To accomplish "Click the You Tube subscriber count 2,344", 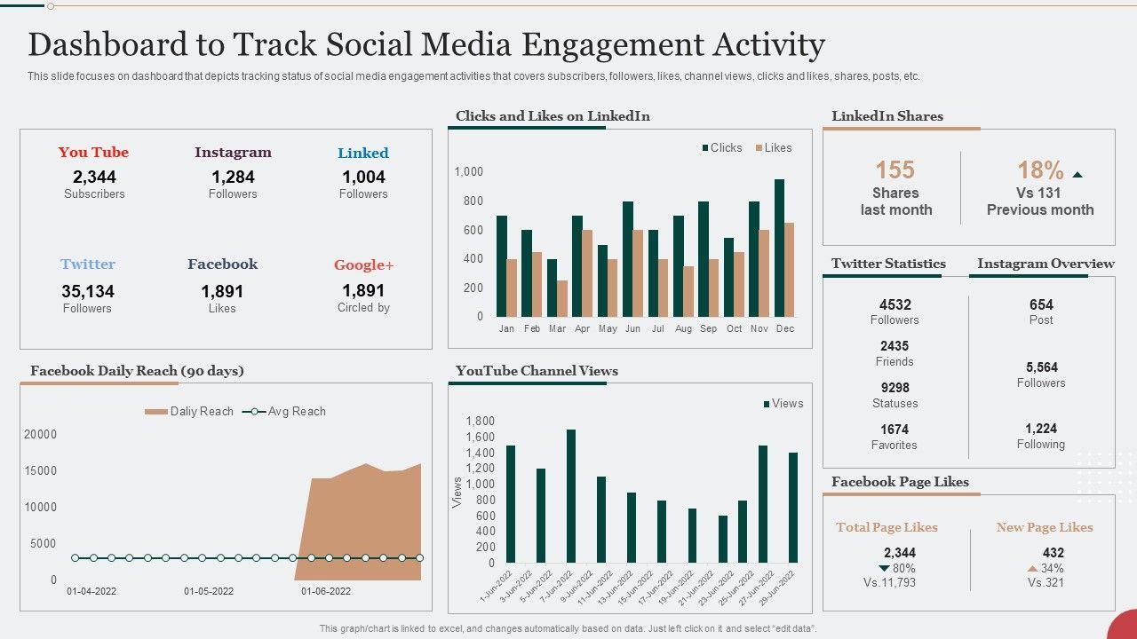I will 94,177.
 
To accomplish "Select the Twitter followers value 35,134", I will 88,291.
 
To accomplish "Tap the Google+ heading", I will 363,264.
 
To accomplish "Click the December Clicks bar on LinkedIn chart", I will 779,248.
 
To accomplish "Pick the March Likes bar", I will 561,298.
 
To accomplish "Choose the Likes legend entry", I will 773,148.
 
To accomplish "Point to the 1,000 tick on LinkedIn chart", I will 469,172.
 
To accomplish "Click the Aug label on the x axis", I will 683,328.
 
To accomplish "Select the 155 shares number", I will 894,170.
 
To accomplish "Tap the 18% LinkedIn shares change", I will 1040,170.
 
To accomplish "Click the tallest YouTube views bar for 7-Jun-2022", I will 571,496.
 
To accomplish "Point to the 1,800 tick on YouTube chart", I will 480,422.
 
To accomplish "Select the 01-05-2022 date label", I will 209,591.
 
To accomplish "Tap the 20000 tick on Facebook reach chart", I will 40,435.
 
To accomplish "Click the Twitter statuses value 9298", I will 894,388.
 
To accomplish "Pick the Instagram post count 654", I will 1041,304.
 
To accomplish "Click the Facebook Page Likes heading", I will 900,482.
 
